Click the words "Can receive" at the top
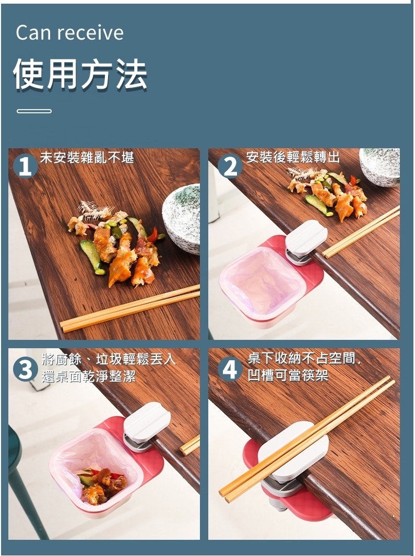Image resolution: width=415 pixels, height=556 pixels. tap(69, 32)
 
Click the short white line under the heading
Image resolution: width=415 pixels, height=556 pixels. tap(34, 111)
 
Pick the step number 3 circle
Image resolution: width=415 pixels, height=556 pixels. tap(25, 369)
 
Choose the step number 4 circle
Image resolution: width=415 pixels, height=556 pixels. tap(230, 369)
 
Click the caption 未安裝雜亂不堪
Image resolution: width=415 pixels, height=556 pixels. tap(87, 157)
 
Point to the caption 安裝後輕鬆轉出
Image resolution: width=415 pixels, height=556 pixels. tap(293, 157)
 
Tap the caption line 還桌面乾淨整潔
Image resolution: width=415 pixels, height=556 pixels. tap(89, 376)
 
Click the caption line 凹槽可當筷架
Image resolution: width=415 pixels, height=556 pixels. tap(288, 375)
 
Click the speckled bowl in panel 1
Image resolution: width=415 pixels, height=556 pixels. tap(181, 218)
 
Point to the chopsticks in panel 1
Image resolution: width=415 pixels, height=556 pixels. tap(130, 308)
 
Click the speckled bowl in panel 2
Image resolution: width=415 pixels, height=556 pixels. tap(380, 167)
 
